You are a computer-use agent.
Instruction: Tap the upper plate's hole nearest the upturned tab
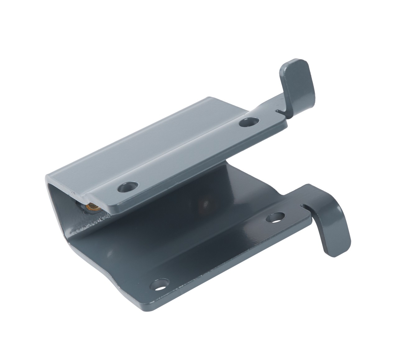[x=248, y=121]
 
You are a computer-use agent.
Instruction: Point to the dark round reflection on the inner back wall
[x=205, y=203]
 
